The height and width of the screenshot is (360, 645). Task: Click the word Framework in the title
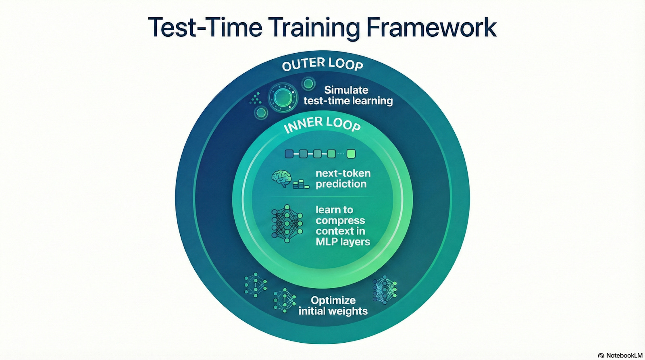(x=431, y=27)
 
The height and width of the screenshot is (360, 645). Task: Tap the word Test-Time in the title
(x=205, y=27)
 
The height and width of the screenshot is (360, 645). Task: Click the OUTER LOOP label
(x=322, y=64)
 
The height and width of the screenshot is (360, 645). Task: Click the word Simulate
(x=346, y=90)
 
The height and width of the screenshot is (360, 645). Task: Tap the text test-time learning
(x=348, y=101)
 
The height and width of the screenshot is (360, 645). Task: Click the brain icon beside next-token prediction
(x=281, y=178)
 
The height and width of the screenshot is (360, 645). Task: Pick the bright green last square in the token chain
(x=351, y=154)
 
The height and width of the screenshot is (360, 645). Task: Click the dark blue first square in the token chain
(x=289, y=154)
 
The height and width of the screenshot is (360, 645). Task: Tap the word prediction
(x=341, y=184)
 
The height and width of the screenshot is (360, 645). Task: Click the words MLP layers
(x=343, y=242)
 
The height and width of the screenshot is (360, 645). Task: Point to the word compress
(x=340, y=221)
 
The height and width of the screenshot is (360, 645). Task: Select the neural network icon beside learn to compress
(x=287, y=223)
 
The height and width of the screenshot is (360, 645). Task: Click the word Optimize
(x=333, y=300)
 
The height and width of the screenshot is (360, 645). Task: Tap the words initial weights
(x=333, y=311)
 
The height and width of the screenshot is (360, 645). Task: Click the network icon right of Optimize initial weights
(x=385, y=289)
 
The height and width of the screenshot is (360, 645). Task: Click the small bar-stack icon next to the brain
(x=301, y=185)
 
